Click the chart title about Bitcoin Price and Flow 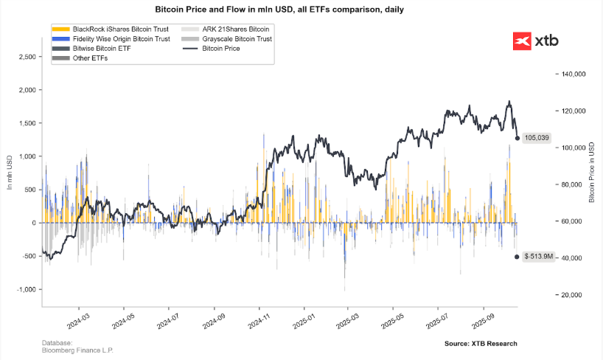coord(301,10)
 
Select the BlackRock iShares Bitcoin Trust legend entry coord(111,29)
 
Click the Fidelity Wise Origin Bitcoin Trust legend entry coord(111,38)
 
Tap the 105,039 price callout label coord(536,138)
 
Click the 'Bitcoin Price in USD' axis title coord(593,173)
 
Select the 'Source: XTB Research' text coord(481,344)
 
